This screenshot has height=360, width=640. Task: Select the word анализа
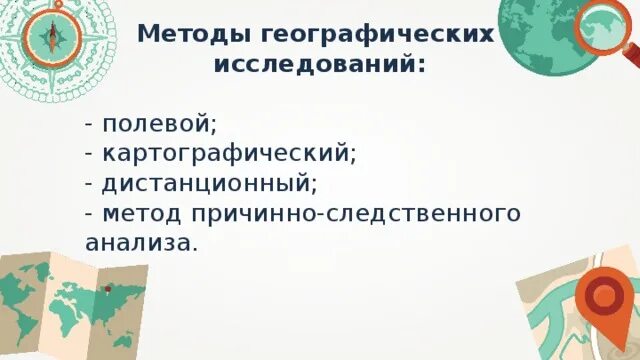point(141,242)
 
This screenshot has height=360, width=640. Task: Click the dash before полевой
point(91,124)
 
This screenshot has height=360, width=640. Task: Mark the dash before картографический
point(91,154)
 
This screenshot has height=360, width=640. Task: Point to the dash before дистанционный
point(91,184)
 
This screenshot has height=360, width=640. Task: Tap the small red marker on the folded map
point(106,289)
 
